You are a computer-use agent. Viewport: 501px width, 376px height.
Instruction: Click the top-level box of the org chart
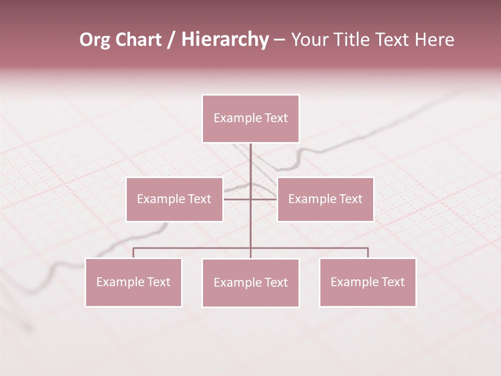(250, 119)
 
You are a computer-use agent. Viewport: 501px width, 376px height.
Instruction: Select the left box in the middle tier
(174, 199)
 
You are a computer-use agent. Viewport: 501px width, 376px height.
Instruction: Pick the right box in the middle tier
(325, 199)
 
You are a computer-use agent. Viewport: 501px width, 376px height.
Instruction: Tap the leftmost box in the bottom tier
(134, 282)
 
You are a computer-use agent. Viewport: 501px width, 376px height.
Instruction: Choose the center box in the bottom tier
(250, 283)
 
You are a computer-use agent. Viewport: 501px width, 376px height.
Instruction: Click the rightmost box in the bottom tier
(367, 282)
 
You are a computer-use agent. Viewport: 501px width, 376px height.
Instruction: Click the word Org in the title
(94, 40)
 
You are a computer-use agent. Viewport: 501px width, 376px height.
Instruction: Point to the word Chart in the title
(138, 40)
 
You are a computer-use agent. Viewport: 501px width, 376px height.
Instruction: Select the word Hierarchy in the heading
(225, 40)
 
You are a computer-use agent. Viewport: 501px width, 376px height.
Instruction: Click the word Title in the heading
(354, 40)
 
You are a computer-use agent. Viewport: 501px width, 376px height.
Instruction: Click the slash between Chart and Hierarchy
(172, 40)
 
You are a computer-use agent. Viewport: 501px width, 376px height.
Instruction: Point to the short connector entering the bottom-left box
(134, 253)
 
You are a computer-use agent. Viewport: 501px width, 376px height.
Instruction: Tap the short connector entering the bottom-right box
(368, 253)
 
